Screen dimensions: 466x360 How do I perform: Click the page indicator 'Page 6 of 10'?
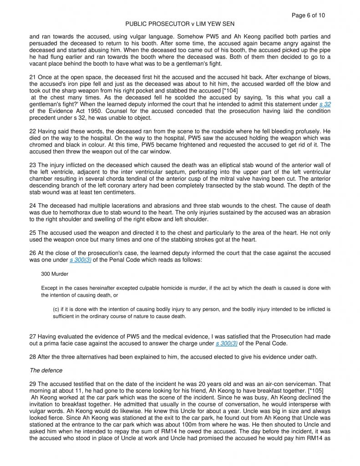(x=308, y=15)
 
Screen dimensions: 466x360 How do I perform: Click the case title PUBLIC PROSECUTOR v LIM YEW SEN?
(x=180, y=24)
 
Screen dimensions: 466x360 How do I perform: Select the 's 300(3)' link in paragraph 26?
(x=80, y=260)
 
